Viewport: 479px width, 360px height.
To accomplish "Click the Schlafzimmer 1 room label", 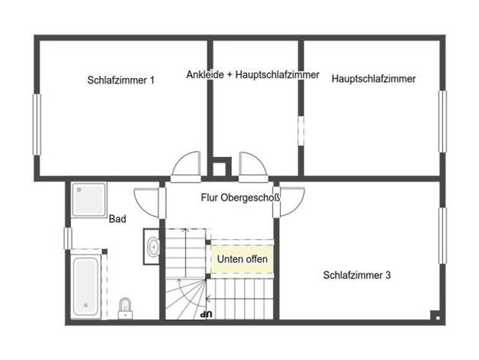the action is coord(121,80).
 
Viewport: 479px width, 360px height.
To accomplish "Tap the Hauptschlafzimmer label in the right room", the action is coord(373,79).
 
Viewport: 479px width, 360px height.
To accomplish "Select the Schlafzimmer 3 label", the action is coord(357,275).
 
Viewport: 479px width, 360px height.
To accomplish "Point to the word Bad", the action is coord(117,219).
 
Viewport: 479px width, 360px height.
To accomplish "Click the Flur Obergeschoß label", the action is coord(240,198).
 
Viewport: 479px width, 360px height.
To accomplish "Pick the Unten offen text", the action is coord(243,259).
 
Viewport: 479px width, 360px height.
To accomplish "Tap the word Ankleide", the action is coord(205,74).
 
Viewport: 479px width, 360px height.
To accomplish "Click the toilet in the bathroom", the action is coord(125,308).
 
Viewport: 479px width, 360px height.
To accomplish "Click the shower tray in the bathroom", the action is coord(89,200).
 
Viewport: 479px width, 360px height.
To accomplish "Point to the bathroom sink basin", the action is coord(153,247).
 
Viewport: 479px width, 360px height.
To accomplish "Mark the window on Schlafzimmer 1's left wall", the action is coord(37,125).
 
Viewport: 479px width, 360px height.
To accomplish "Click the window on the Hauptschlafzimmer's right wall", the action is coord(442,122).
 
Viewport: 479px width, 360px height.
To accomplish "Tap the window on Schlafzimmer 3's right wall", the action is coord(442,236).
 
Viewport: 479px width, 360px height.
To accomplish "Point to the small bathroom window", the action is coord(68,238).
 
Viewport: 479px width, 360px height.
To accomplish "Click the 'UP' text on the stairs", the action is coord(206,313).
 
